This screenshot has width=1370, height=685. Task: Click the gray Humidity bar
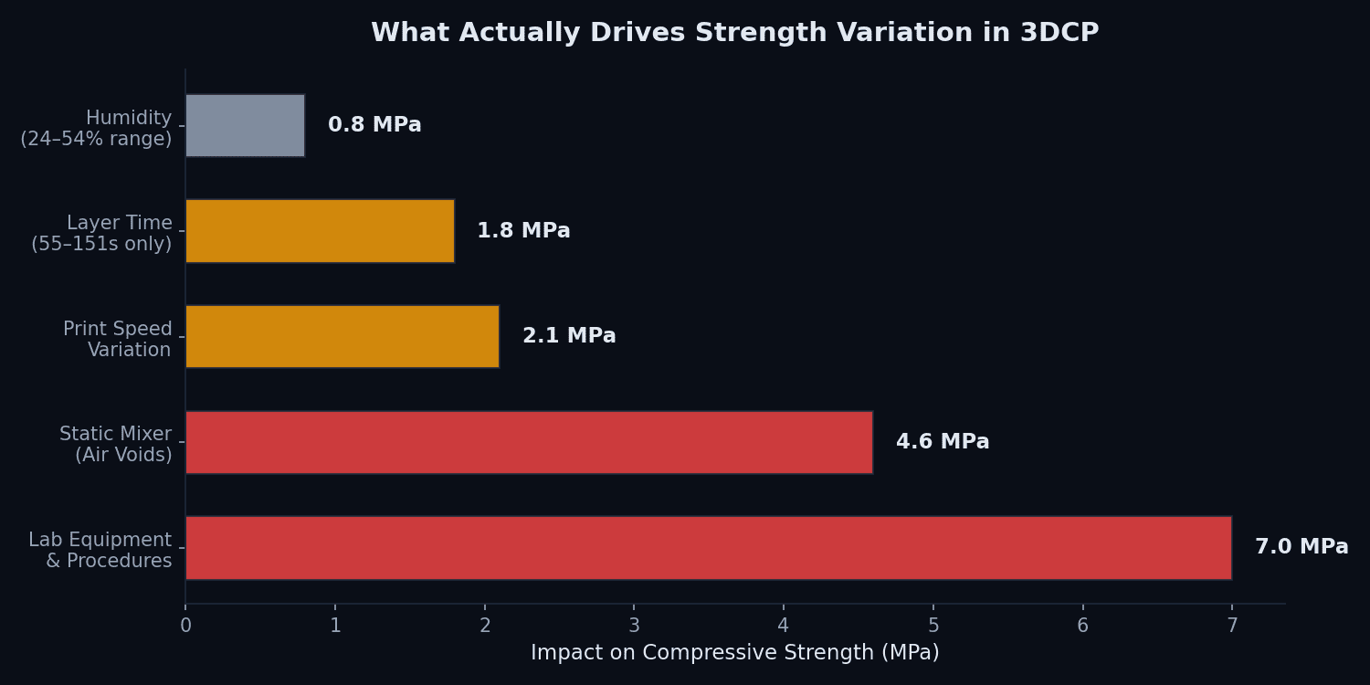coord(245,125)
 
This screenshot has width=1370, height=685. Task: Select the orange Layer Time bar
coord(320,231)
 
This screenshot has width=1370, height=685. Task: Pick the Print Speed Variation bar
coord(342,336)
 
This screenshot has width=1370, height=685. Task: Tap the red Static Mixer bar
coord(528,442)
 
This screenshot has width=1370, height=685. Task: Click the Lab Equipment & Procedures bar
coord(708,547)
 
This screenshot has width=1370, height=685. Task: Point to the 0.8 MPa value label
coord(374,125)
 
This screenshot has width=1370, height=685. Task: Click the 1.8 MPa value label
coord(523,231)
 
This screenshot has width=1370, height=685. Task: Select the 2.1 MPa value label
coord(569,336)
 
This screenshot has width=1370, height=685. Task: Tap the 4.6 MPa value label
coord(943,442)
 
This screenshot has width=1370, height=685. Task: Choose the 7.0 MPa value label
coord(1301,547)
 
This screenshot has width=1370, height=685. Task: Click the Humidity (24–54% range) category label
coord(97,129)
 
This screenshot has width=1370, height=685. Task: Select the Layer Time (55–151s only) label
coord(101,234)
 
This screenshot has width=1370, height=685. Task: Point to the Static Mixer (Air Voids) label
coord(116,444)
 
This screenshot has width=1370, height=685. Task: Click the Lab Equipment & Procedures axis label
coord(100,550)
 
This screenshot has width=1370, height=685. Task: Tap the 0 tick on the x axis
coord(185,627)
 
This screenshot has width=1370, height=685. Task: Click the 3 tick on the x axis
coord(634,627)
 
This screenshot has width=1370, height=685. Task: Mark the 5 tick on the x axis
coord(933,627)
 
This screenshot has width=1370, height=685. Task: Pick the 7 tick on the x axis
coord(1232,627)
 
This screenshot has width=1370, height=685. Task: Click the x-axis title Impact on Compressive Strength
coord(734,653)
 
